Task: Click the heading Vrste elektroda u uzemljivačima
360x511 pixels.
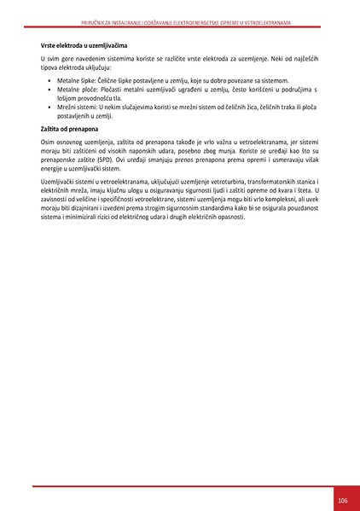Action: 84,44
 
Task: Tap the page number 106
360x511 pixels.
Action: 342,499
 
